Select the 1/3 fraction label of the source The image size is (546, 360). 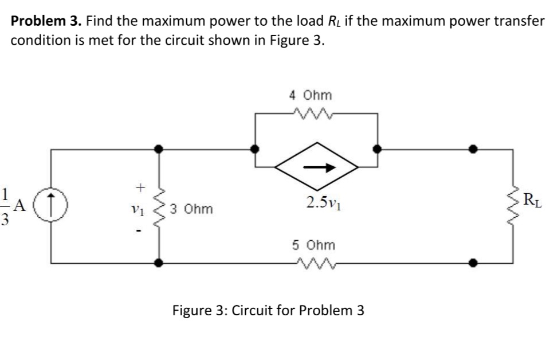(6, 205)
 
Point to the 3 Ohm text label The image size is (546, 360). (191, 209)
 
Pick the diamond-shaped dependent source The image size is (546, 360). (317, 167)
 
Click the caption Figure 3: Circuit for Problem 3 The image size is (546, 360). (268, 311)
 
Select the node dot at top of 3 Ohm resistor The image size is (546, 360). (160, 149)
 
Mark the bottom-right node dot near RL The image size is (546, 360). (472, 263)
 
